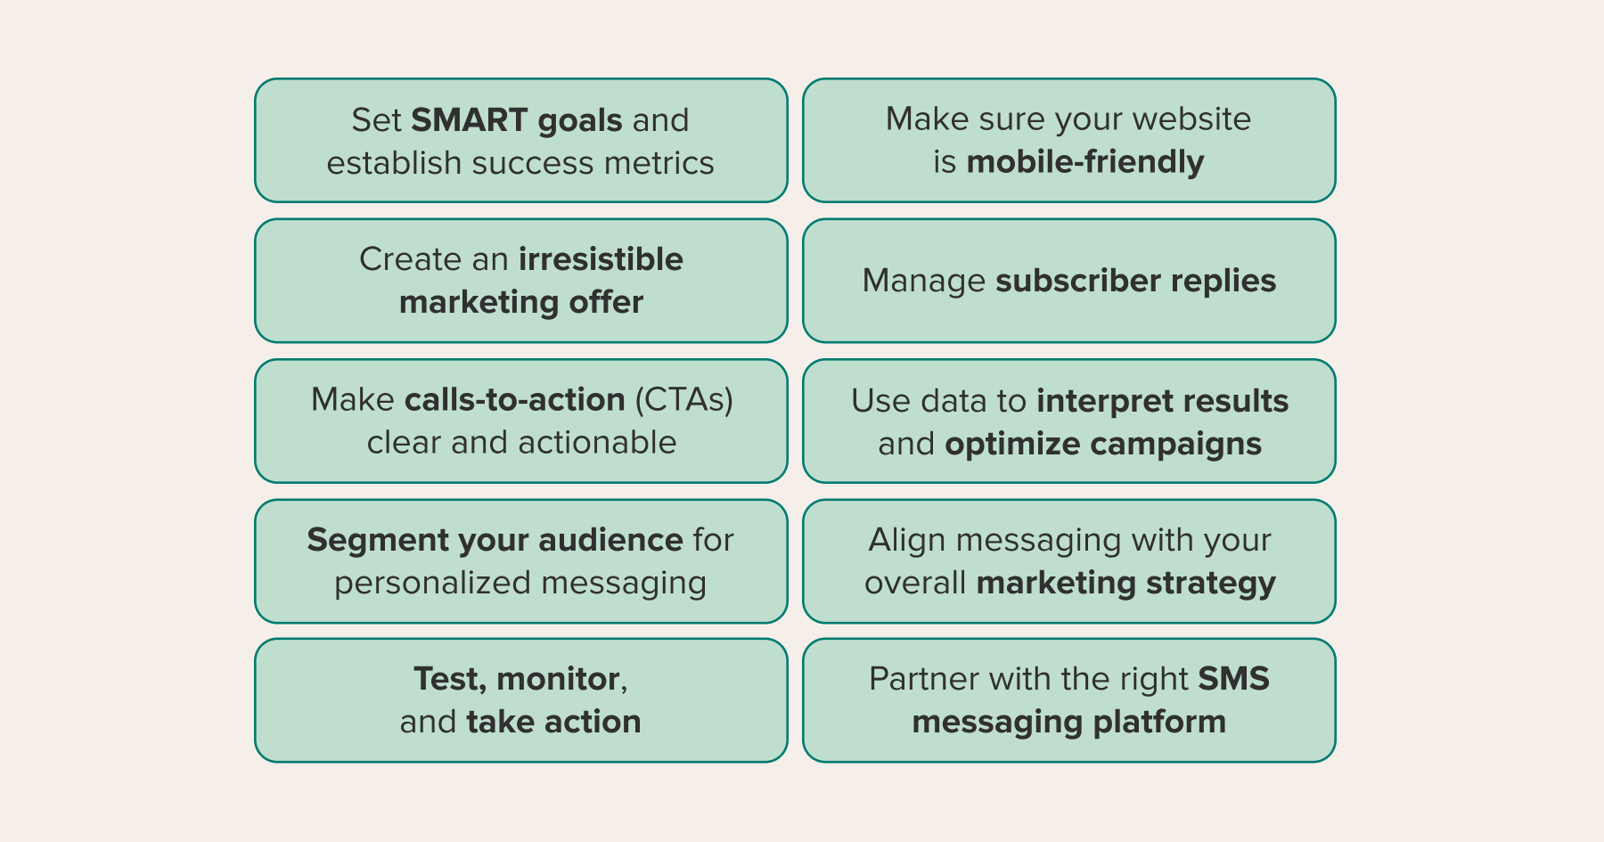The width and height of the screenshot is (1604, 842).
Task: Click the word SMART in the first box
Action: pyautogui.click(x=470, y=120)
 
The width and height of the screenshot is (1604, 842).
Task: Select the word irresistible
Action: pyautogui.click(x=601, y=259)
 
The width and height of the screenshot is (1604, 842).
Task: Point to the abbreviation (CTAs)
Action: pyautogui.click(x=683, y=400)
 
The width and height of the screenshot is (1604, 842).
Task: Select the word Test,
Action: pyautogui.click(x=450, y=680)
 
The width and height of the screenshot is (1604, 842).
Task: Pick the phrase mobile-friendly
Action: pyautogui.click(x=1085, y=162)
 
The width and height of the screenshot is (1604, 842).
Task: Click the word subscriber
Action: pyautogui.click(x=1077, y=281)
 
